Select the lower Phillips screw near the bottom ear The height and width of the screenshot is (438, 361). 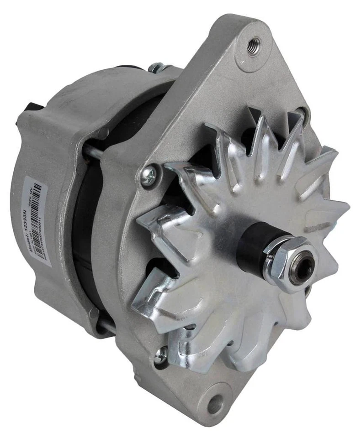click(x=162, y=355)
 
